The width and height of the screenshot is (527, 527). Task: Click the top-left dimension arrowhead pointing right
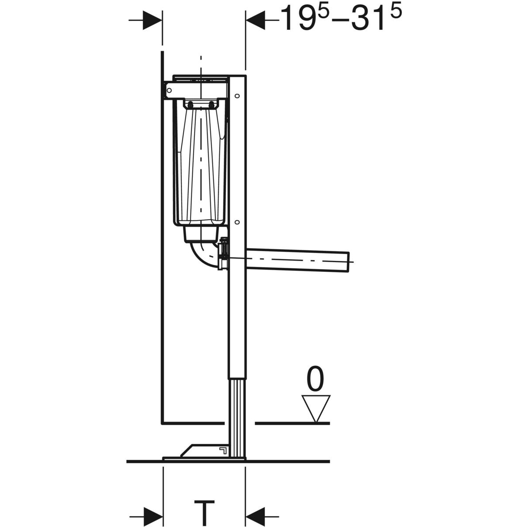[x=152, y=20]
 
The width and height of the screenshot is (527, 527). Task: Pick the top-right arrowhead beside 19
[x=256, y=20]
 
